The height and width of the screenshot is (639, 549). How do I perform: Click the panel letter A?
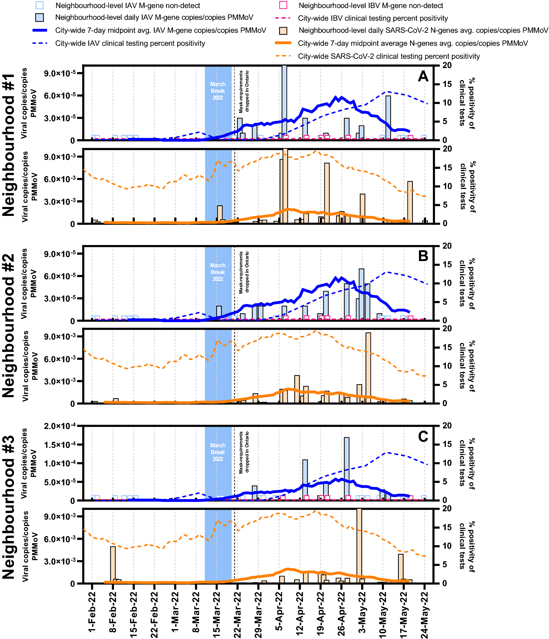point(423,76)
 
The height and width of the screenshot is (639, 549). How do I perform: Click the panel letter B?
point(423,256)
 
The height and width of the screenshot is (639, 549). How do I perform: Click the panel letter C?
point(423,436)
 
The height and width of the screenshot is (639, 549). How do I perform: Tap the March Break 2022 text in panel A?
point(218,91)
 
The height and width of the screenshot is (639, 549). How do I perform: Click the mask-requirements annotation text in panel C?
point(244,452)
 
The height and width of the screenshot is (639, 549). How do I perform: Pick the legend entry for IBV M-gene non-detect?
point(371,6)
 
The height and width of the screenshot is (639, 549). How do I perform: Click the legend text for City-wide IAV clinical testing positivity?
point(130,43)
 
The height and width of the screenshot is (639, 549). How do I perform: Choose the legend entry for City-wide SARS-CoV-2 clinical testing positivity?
point(389,56)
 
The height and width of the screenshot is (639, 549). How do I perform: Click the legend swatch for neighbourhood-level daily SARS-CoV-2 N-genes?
point(283,31)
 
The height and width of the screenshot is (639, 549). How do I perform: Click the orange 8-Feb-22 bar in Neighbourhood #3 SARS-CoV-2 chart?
point(113,565)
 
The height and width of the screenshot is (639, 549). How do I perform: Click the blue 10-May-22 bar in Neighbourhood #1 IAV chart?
point(388,118)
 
